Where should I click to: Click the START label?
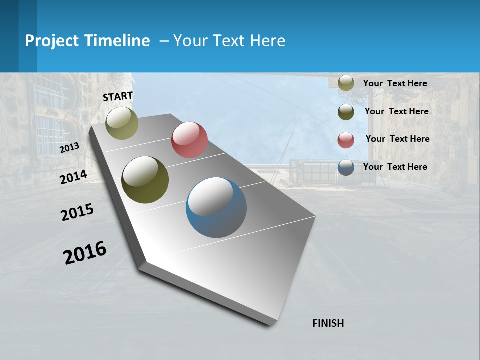pos(118,96)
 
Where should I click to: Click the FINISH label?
pos(328,323)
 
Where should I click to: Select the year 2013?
pos(69,148)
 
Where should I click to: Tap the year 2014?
pos(73,177)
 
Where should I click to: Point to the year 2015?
pos(77,213)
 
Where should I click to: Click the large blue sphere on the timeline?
pos(216,207)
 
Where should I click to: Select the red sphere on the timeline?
pos(189,140)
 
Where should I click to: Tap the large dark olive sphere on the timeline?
pos(145,180)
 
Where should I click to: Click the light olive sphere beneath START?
pos(122,123)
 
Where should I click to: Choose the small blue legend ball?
pos(346,167)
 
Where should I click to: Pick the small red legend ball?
pos(346,140)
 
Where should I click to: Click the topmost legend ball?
pos(346,83)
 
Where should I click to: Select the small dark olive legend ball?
pos(346,112)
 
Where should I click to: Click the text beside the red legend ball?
pos(397,139)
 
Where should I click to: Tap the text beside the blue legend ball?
pos(395,167)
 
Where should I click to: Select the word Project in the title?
pos(51,41)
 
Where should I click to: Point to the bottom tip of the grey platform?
pos(270,324)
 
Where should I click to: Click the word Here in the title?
pos(267,41)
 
